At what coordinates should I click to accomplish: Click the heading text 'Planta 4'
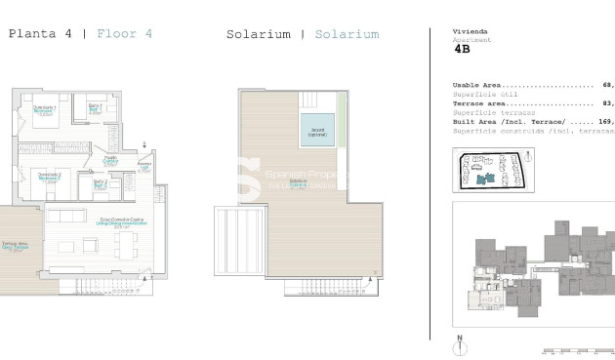39,34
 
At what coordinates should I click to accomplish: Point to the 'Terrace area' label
479,103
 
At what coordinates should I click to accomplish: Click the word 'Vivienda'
468,31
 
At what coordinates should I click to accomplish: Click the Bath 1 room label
95,107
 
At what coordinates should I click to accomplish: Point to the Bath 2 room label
101,183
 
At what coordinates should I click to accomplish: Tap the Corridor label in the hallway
111,161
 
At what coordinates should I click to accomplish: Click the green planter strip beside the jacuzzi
341,117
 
